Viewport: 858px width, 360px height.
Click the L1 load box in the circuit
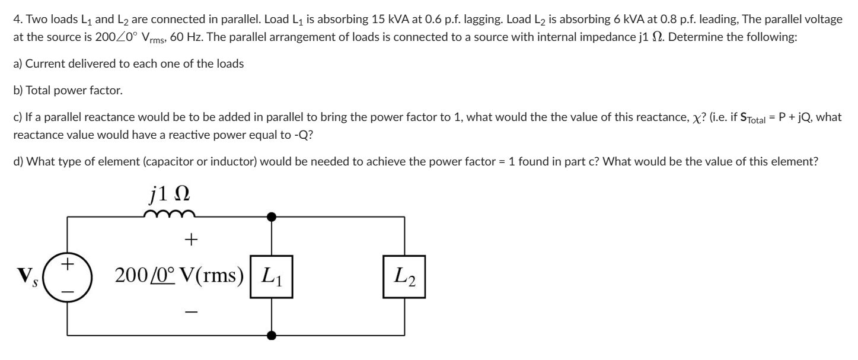272,276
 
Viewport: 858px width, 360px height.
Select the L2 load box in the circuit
404,276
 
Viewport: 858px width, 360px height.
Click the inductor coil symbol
169,215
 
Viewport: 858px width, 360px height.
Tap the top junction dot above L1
272,217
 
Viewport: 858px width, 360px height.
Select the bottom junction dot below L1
272,336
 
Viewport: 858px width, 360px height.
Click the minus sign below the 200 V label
191,310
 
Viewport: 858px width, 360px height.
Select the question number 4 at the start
16,20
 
